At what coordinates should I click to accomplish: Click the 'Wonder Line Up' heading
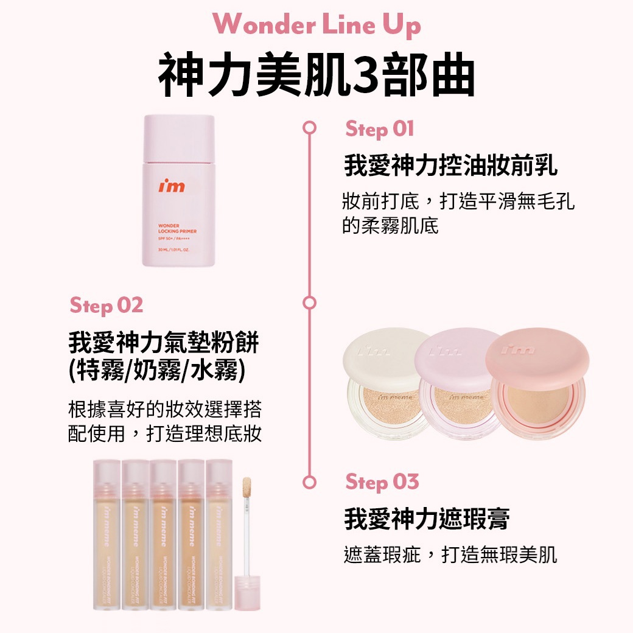316,25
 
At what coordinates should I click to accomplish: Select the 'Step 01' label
380,128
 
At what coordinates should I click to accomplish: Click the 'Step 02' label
107,305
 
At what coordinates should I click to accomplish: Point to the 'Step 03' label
382,482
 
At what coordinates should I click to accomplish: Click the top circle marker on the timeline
310,128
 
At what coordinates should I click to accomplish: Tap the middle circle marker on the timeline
310,303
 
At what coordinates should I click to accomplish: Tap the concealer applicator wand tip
248,487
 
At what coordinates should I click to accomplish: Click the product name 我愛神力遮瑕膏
427,519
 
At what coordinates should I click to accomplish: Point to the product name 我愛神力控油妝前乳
451,166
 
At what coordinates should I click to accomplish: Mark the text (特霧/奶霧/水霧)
158,371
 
